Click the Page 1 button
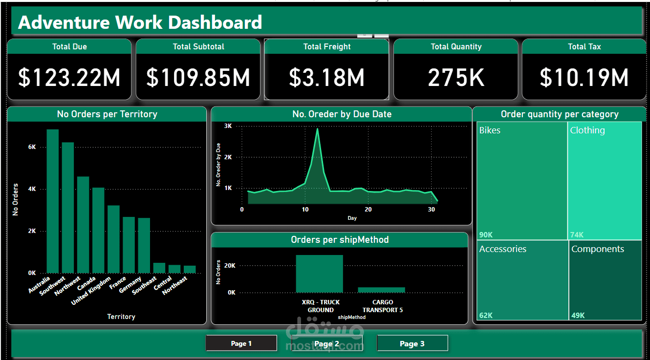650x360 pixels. click(x=241, y=343)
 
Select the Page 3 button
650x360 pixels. click(x=412, y=343)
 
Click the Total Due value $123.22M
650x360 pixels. click(x=69, y=78)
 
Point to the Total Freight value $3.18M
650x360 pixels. click(x=326, y=78)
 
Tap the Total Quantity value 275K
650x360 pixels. click(x=456, y=78)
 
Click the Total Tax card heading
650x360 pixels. click(x=584, y=47)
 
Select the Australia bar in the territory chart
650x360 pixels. click(x=53, y=201)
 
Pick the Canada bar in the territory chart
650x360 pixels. click(x=98, y=230)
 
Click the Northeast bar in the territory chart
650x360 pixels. click(x=190, y=269)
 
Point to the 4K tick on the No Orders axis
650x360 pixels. click(x=32, y=189)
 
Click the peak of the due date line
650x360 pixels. click(x=318, y=129)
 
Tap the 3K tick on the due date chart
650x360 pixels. click(x=228, y=126)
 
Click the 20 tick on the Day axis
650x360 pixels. click(x=368, y=210)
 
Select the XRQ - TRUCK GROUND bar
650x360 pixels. click(x=319, y=274)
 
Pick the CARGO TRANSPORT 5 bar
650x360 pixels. click(x=381, y=290)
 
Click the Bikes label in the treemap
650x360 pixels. click(x=490, y=130)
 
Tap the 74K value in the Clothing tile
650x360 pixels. click(x=577, y=235)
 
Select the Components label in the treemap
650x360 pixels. click(x=598, y=249)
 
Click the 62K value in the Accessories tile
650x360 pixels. click(x=486, y=316)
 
